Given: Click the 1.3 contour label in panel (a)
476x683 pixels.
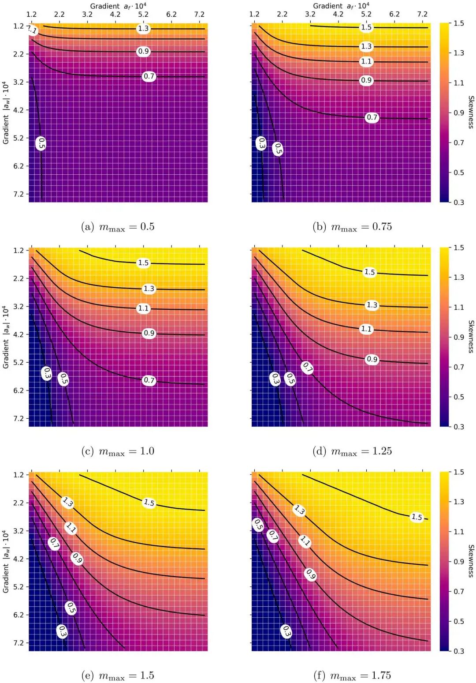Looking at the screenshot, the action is coord(143,29).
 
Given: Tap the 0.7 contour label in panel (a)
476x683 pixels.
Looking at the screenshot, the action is coord(149,76).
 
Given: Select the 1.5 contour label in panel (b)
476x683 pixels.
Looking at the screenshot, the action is coord(366,27).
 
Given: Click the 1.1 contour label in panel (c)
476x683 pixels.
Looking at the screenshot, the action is coord(143,308).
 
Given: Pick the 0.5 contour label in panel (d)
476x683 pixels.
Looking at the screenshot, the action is coord(290,379).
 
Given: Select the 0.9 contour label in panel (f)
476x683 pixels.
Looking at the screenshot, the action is coord(310,574).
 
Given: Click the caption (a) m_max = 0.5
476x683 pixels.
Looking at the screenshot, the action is coord(118,227).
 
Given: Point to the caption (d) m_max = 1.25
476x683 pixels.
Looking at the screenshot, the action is coord(352,451).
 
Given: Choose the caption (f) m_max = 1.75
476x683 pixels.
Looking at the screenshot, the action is coord(352,675).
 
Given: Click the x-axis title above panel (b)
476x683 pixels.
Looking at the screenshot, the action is coord(341,6).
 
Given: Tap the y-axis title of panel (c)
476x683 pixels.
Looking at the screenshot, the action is coord(5,337).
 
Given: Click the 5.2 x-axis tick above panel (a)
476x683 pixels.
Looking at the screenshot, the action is coord(143,14).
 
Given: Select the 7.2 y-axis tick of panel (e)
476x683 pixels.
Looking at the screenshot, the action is coord(19,643).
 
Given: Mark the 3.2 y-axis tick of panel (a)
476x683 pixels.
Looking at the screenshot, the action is coord(19,82).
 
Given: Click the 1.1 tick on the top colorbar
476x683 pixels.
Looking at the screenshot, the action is coord(459,83).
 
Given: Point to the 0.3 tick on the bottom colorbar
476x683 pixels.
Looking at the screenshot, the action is coord(459,651).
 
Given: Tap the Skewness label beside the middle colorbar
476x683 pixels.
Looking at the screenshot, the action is coord(471,337).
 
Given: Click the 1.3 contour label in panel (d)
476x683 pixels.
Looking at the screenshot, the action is coord(372,305).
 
